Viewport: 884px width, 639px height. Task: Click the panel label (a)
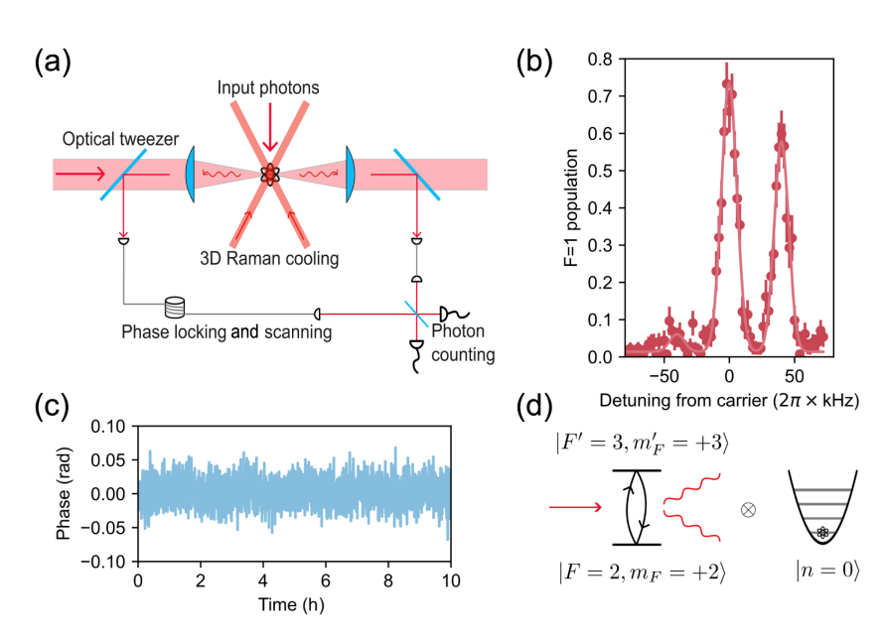tap(53, 63)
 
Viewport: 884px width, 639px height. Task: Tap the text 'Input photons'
tap(269, 88)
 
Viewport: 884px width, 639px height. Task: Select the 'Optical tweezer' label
tap(122, 140)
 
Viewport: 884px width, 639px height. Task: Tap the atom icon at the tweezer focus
tap(269, 175)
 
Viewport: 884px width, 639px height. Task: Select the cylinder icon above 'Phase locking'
tap(176, 304)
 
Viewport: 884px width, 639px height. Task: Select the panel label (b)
tap(536, 63)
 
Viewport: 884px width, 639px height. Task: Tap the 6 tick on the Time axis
tap(327, 580)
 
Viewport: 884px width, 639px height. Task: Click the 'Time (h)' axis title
tap(295, 603)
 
